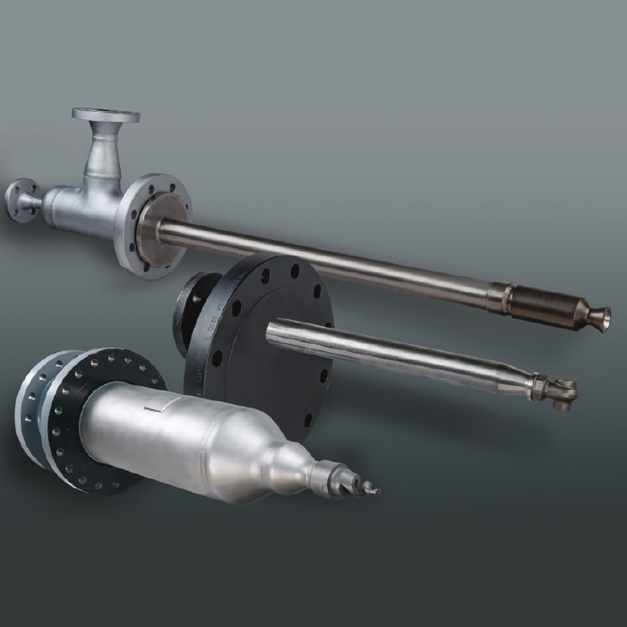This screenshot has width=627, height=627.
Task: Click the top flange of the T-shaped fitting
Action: pyautogui.click(x=106, y=116)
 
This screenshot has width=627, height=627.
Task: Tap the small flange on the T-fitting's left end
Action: pyautogui.click(x=21, y=199)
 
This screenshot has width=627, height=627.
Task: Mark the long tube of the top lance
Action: pyautogui.click(x=340, y=260)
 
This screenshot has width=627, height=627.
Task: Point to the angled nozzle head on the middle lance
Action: pyautogui.click(x=564, y=392)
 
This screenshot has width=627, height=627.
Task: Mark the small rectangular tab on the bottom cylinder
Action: pyautogui.click(x=152, y=408)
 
